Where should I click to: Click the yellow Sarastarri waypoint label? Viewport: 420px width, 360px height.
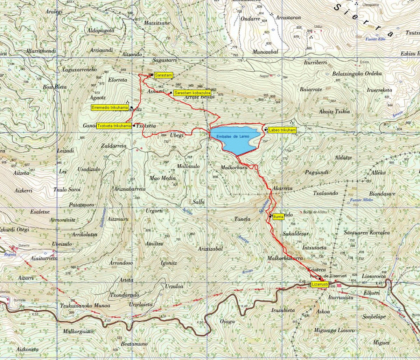click(x=163, y=75)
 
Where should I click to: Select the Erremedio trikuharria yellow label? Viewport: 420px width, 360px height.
click(x=110, y=108)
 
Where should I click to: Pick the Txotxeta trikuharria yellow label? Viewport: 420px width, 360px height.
click(x=114, y=126)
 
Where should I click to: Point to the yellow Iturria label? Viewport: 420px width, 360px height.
click(x=279, y=217)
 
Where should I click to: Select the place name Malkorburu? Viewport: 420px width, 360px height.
click(x=234, y=168)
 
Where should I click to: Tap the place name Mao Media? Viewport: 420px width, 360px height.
click(x=162, y=178)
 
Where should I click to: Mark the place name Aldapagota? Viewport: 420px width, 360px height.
click(x=101, y=30)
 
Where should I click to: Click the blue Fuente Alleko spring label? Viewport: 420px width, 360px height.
click(x=362, y=200)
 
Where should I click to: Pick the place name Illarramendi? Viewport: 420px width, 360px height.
click(x=41, y=51)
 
